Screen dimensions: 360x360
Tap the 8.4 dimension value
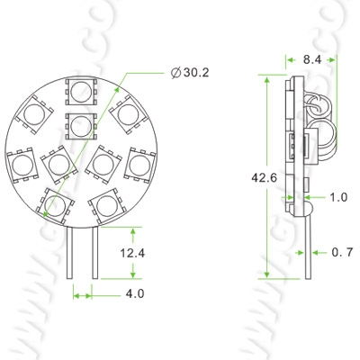[x=314, y=58]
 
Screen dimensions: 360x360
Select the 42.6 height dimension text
[x=265, y=177]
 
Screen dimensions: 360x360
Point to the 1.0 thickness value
[x=338, y=197]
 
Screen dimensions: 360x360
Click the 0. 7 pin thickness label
[x=339, y=253]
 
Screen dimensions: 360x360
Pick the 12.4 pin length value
[x=131, y=254]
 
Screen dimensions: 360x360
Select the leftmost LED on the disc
[x=22, y=164]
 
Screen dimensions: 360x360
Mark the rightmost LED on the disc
[x=139, y=164]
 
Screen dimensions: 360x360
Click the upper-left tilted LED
[x=35, y=114]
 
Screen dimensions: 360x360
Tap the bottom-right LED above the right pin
[x=106, y=205]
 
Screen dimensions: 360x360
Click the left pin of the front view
[x=72, y=252]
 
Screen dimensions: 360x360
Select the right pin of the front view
[x=94, y=252]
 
